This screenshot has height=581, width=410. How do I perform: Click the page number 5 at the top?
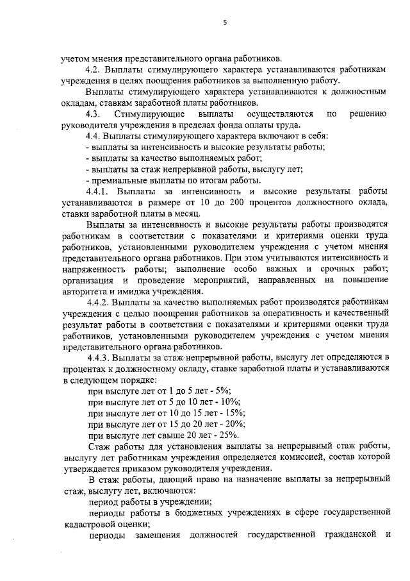click(225, 24)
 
